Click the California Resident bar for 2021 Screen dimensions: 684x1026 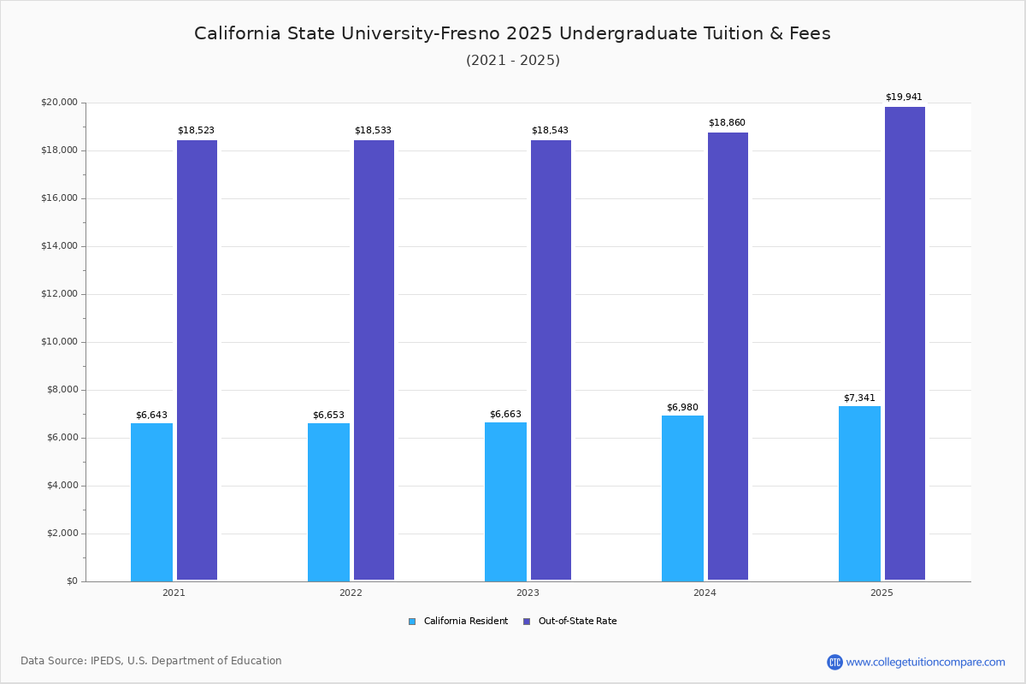pyautogui.click(x=151, y=502)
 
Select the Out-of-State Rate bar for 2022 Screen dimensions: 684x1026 pyautogui.click(x=374, y=360)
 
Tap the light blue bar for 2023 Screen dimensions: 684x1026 pyautogui.click(x=505, y=502)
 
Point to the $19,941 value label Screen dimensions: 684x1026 pyautogui.click(x=904, y=97)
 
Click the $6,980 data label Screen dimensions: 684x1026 pyautogui.click(x=682, y=407)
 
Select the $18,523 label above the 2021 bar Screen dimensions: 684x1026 pyautogui.click(x=196, y=131)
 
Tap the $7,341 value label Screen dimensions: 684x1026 pyautogui.click(x=859, y=398)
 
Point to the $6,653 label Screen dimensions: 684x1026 pyautogui.click(x=328, y=416)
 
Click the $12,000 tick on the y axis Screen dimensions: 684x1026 pyautogui.click(x=59, y=294)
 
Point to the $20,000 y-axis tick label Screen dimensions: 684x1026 pyautogui.click(x=59, y=103)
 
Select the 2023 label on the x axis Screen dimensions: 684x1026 pyautogui.click(x=528, y=593)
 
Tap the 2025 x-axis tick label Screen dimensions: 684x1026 pyautogui.click(x=882, y=593)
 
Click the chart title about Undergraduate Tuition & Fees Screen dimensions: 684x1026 pyautogui.click(x=512, y=33)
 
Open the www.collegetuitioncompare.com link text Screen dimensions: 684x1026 pyautogui.click(x=925, y=662)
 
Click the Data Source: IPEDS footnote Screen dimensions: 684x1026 pyautogui.click(x=151, y=661)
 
